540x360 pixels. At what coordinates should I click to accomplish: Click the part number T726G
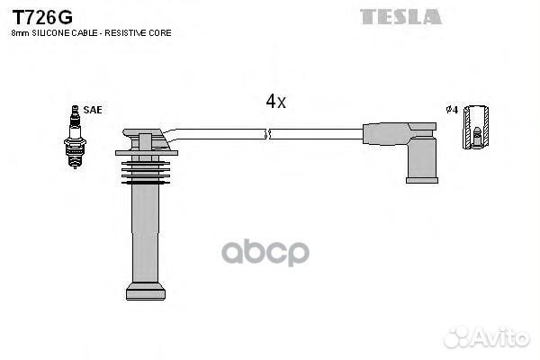(42, 17)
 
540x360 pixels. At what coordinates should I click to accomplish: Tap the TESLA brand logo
(400, 17)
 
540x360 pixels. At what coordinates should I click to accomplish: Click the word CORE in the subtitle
(160, 33)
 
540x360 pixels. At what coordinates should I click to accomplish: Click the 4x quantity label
(275, 102)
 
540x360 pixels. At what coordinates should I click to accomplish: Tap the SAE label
(93, 110)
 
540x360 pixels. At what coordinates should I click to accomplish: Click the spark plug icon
(75, 137)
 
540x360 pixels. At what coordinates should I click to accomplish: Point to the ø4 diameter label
(452, 110)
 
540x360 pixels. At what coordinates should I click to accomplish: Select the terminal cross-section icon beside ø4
(475, 128)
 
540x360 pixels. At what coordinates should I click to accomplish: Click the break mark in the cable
(267, 134)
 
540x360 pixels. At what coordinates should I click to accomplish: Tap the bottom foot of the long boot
(146, 291)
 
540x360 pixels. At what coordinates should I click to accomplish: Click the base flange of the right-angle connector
(422, 180)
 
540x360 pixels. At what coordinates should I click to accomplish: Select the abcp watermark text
(265, 253)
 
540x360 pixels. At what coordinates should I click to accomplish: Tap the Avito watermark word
(500, 337)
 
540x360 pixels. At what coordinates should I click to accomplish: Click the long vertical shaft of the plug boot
(146, 233)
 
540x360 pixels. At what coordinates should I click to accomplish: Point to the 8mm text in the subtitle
(21, 33)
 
